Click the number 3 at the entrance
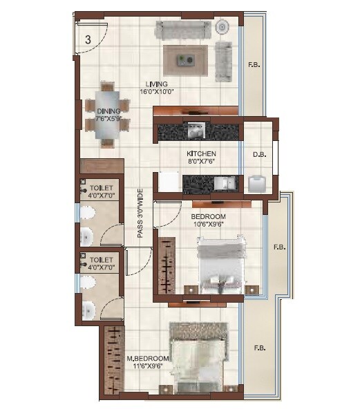[x=88, y=39]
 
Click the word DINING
[x=108, y=111]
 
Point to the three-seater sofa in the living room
[x=182, y=30]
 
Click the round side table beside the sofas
[x=223, y=27]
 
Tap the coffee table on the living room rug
[x=186, y=59]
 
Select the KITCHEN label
[x=201, y=153]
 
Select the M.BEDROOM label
[x=148, y=358]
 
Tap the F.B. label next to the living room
[x=254, y=66]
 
